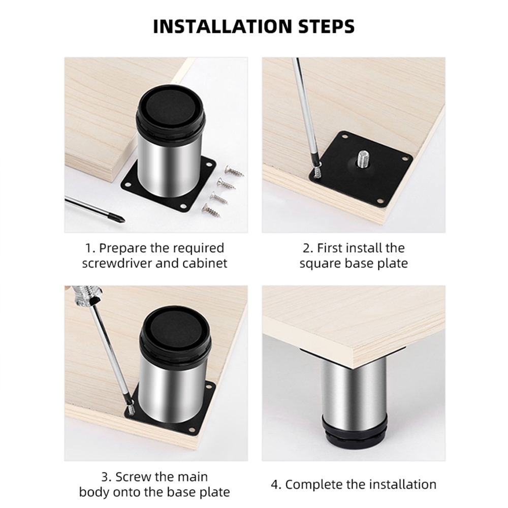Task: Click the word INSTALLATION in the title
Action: tap(223, 26)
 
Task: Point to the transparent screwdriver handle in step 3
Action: tap(85, 294)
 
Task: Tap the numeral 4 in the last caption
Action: tap(275, 485)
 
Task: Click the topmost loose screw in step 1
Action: tap(234, 171)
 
